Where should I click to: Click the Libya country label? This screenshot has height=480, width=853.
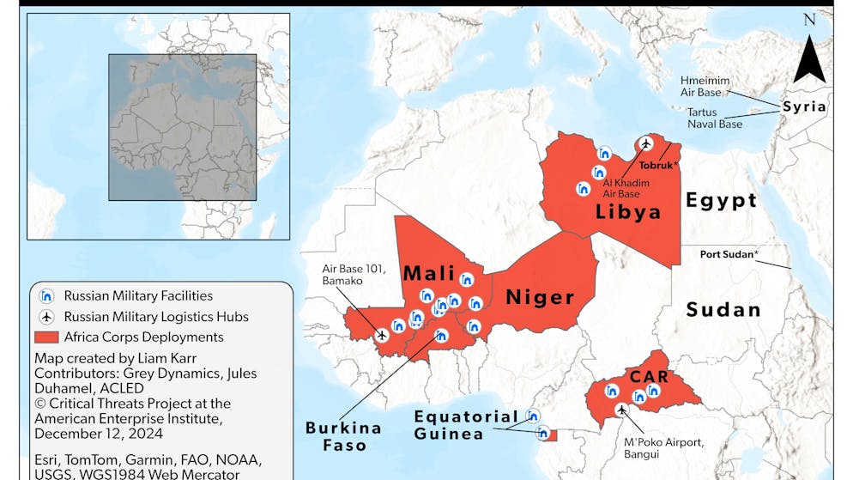[628, 211]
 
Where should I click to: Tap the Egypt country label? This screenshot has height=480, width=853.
[721, 201]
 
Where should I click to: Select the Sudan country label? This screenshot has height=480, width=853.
[723, 309]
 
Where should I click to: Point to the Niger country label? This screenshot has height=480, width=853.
[539, 297]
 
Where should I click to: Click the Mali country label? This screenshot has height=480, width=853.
[429, 273]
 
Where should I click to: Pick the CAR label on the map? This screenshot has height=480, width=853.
[650, 375]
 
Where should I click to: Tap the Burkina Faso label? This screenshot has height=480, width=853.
[343, 436]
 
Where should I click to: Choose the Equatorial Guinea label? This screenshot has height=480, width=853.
[466, 425]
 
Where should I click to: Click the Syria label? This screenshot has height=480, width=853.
[803, 107]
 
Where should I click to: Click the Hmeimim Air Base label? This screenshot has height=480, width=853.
[705, 87]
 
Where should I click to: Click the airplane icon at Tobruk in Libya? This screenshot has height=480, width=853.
[645, 143]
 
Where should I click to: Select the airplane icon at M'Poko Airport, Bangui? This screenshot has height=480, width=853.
[621, 410]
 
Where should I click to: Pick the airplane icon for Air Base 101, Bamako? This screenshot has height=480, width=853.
[382, 335]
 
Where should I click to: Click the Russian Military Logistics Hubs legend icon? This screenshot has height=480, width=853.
[47, 317]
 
